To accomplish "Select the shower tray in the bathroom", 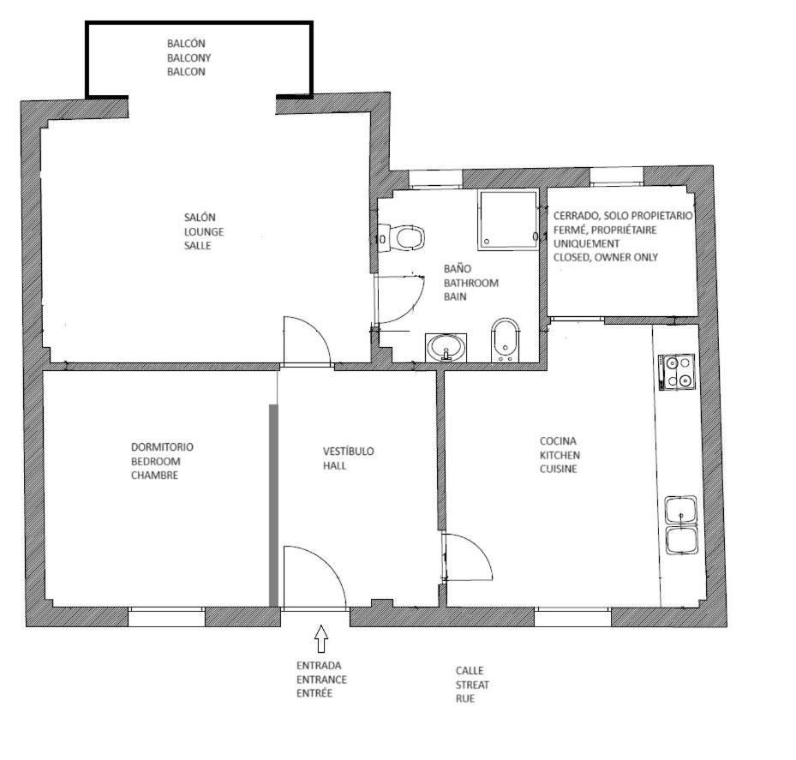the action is tap(507, 218).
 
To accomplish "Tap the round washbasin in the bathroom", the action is tap(446, 348).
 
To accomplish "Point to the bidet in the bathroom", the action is tap(506, 340).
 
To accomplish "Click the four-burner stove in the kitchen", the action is tap(677, 372).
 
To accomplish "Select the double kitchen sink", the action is tap(681, 525).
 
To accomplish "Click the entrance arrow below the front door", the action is tap(320, 638).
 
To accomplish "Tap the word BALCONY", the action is tap(189, 57).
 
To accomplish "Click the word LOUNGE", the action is tap(204, 231).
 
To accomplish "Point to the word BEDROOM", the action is tap(156, 461).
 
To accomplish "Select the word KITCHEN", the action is tap(560, 455).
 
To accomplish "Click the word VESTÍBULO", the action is tap(348, 451).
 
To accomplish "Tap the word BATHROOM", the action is tap(471, 283).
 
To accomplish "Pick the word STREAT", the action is tap(472, 685).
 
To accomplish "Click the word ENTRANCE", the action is tap(321, 679).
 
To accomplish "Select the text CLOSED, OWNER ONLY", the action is tap(606, 257).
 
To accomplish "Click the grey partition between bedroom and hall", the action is tap(273, 506).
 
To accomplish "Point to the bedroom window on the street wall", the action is tap(166, 617).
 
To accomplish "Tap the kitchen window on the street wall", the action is tap(572, 617).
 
